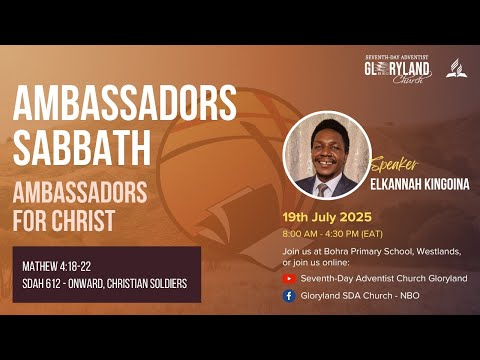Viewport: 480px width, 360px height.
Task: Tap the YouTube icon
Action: [x=289, y=278]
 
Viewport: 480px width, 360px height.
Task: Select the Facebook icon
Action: [x=289, y=295]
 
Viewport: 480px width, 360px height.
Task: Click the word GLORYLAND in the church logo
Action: [x=398, y=69]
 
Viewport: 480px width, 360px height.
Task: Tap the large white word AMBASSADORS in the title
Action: [x=125, y=102]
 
